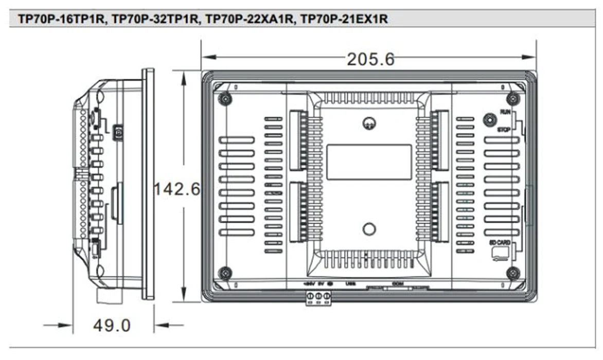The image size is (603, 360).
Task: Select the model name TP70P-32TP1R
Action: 156,19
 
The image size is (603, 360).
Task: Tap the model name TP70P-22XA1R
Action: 251,19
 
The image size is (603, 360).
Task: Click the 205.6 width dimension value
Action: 370,59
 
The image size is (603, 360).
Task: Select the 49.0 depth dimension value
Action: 112,325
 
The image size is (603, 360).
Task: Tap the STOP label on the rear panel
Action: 504,131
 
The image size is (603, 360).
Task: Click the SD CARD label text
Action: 499,242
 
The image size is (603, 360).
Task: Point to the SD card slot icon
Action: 500,254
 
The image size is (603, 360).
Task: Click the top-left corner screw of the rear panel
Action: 224,98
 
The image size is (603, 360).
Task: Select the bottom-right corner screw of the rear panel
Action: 512,273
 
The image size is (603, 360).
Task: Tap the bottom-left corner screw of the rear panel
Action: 224,273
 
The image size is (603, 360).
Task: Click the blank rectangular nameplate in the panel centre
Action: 369,162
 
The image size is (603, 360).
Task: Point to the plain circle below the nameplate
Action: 369,229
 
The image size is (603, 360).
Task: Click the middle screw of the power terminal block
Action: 318,296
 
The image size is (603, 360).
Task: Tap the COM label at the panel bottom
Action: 397,283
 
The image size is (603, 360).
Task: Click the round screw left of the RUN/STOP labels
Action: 488,119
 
